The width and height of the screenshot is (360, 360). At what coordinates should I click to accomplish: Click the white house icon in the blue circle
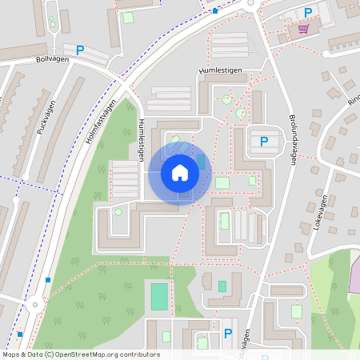coord(180,172)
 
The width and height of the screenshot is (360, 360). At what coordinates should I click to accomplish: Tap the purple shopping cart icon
coord(303,29)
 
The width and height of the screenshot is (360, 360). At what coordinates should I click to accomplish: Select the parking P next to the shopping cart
coord(308,12)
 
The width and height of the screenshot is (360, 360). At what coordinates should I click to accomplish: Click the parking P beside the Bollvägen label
coord(79,50)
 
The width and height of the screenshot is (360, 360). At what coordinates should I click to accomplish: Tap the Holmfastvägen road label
coord(102,123)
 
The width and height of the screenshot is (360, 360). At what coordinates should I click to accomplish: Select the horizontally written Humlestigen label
coord(220,71)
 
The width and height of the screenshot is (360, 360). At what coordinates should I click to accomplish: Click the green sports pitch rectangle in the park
coord(159,295)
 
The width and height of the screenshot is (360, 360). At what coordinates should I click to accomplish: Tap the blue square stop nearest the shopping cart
coord(214,11)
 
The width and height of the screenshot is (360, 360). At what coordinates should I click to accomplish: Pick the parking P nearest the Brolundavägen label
coord(263,142)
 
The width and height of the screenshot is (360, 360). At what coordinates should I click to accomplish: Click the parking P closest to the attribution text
coord(228,333)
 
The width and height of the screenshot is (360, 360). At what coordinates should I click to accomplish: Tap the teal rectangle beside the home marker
coord(201,162)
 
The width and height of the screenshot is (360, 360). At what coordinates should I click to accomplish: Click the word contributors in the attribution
coord(141,354)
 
